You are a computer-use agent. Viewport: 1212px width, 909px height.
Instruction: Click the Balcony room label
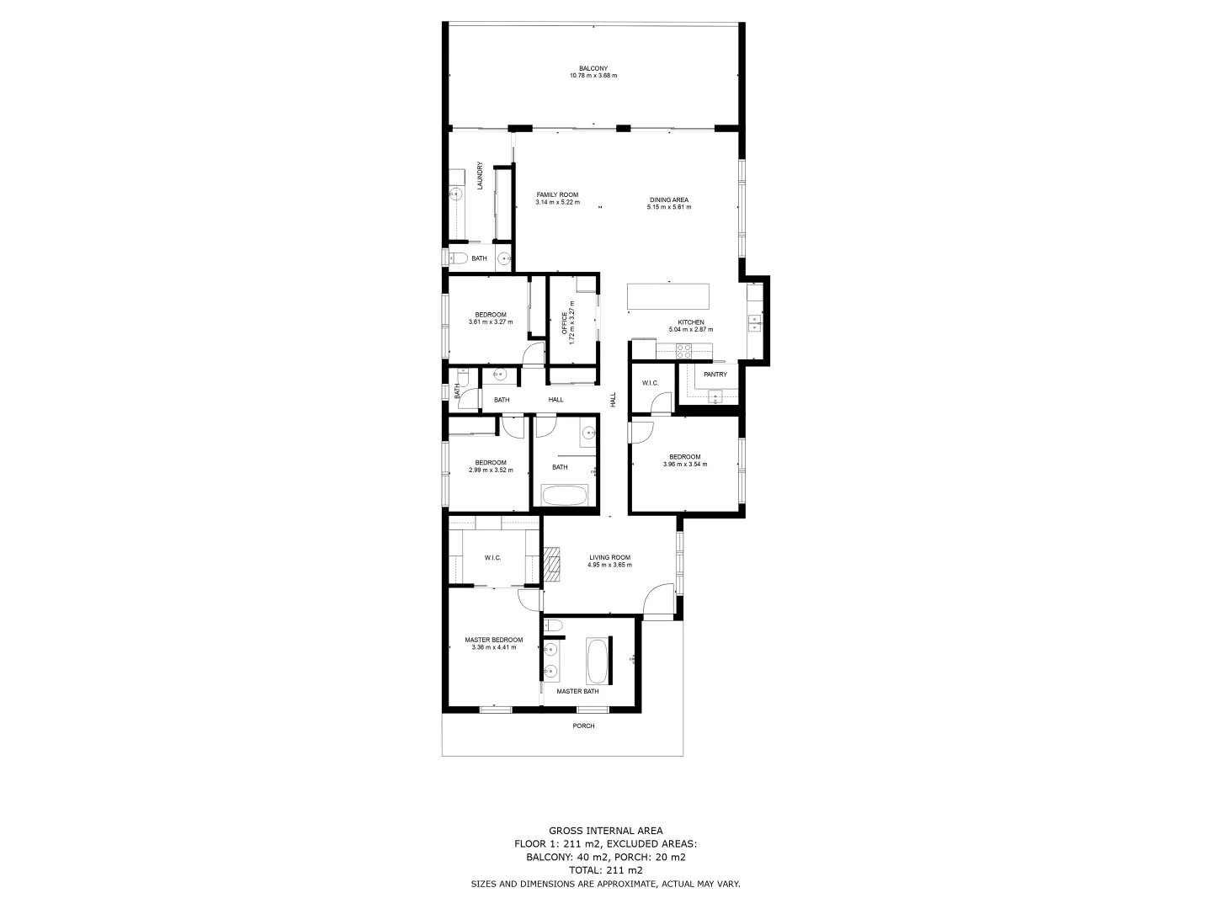593,68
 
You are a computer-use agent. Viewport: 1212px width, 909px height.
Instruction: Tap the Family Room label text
557,194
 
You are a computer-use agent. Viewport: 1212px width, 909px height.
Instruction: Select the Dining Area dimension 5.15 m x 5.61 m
668,207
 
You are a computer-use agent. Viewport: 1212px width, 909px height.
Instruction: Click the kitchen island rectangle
668,297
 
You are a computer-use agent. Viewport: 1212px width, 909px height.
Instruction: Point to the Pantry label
715,375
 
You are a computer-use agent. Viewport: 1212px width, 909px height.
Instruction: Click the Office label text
565,324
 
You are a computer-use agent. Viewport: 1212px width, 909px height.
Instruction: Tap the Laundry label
480,175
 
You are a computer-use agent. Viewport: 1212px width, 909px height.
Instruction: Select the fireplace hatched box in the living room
551,565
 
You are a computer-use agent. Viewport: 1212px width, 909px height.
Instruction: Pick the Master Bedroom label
493,640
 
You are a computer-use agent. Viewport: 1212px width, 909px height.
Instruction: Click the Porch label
583,726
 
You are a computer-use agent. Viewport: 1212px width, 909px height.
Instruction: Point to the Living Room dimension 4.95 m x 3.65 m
609,566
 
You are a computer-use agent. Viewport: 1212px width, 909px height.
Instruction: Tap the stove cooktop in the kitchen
683,350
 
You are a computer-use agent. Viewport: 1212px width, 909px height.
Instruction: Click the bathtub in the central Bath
564,495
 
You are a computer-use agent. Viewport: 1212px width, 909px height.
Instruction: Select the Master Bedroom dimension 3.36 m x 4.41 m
493,647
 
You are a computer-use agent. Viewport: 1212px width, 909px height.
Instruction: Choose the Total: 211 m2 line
605,870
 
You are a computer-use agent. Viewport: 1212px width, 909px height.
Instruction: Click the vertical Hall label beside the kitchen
614,401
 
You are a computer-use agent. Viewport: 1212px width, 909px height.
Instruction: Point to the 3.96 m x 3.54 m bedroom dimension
684,465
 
